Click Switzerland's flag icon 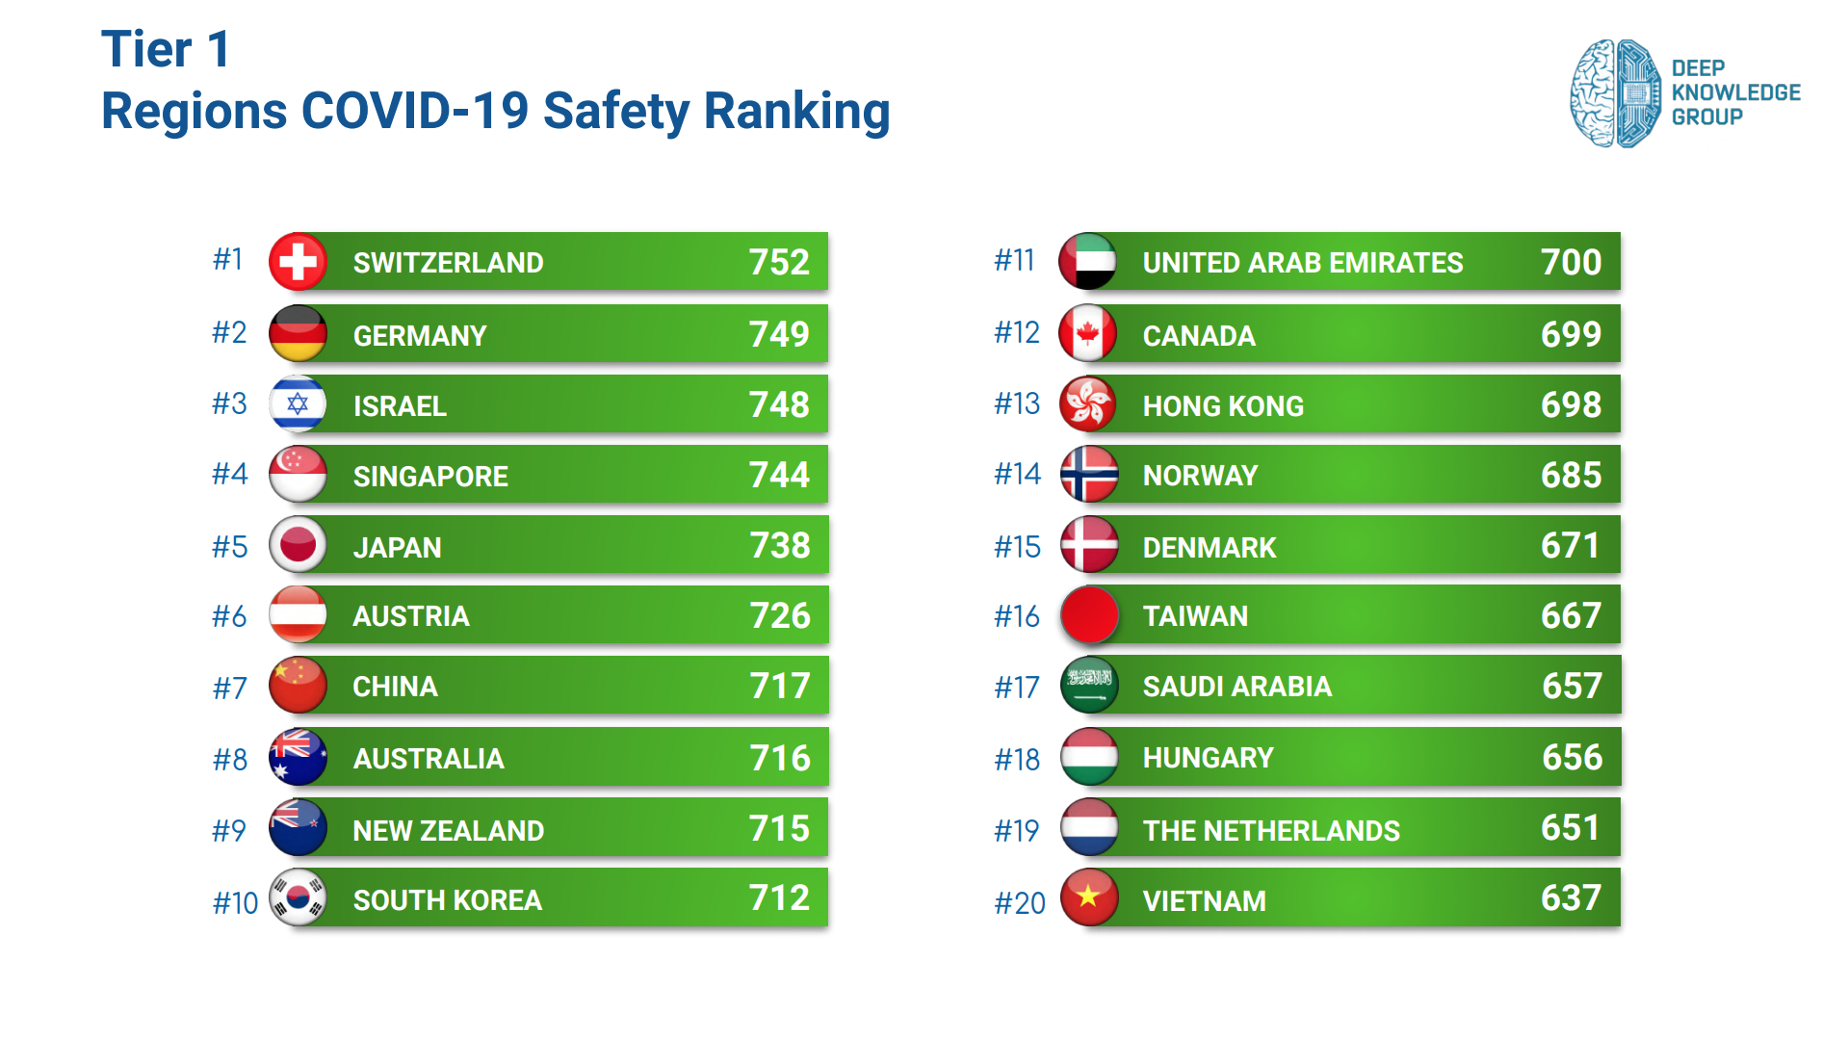click(x=298, y=262)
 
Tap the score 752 click(x=779, y=262)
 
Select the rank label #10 click(x=235, y=902)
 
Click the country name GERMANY click(x=420, y=335)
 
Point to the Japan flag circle click(x=298, y=545)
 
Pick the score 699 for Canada click(x=1571, y=334)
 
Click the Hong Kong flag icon click(x=1087, y=403)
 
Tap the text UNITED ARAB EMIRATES click(x=1302, y=262)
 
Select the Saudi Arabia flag click(x=1088, y=685)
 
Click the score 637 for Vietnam click(x=1571, y=898)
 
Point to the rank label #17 click(x=1017, y=688)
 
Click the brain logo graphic click(x=1615, y=93)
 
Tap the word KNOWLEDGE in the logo click(x=1735, y=92)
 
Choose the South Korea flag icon click(x=298, y=897)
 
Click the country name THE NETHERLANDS click(x=1271, y=830)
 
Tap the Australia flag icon click(x=298, y=757)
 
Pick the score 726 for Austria click(x=780, y=615)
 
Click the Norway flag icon click(x=1088, y=474)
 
